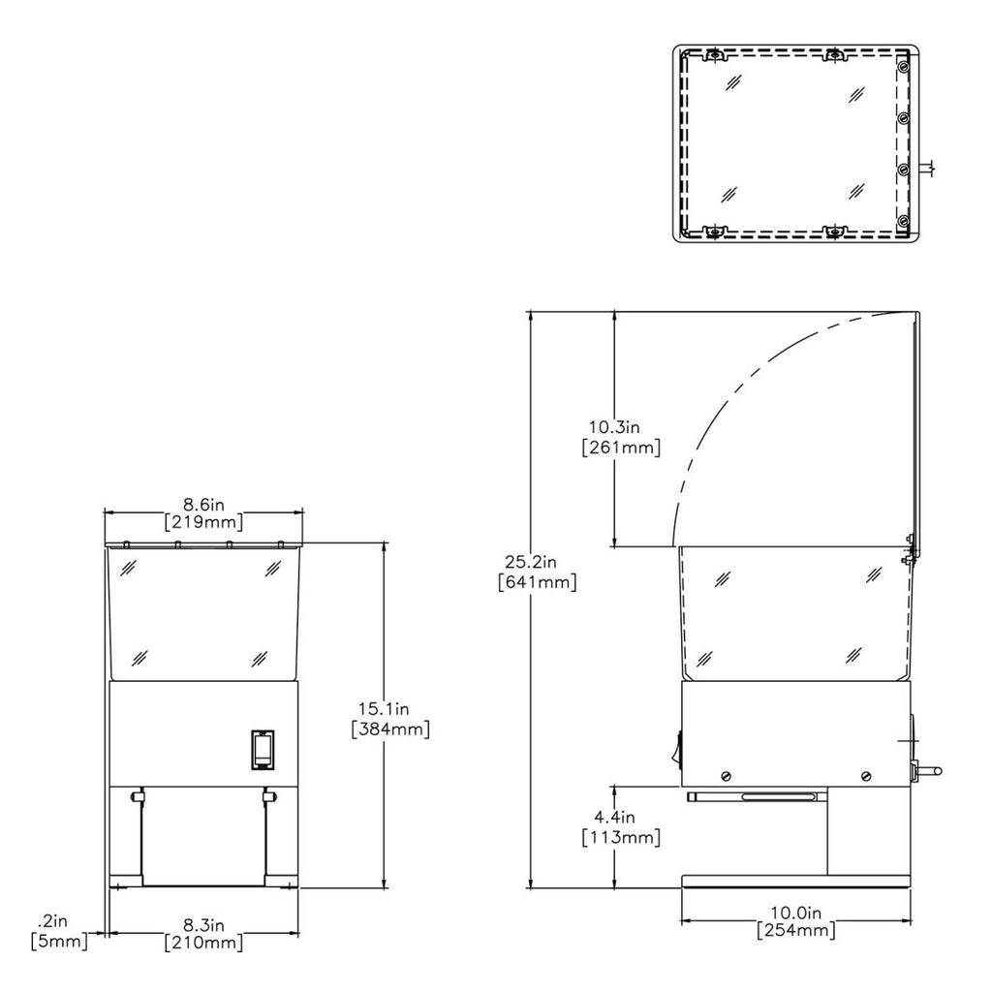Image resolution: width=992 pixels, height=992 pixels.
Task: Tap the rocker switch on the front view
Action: (x=263, y=750)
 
